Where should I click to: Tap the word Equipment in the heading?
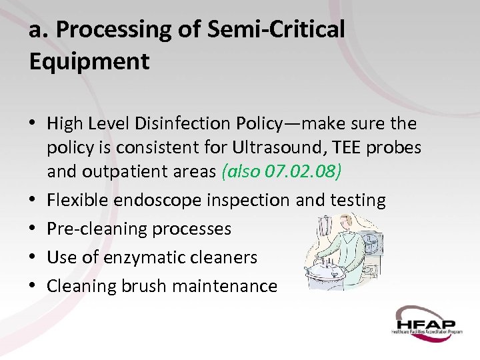point(89,61)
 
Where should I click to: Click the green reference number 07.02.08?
point(303,171)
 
